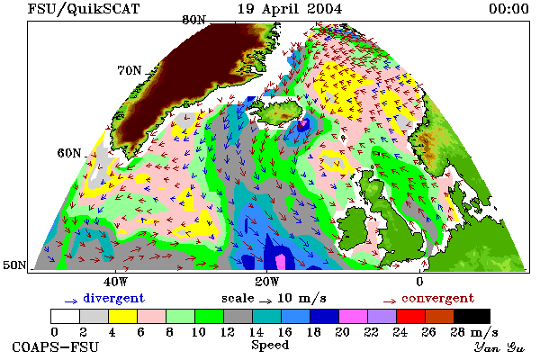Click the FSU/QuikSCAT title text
(84, 9)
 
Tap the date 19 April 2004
(290, 9)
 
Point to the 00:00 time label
(508, 9)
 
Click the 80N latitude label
(193, 20)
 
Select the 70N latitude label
(130, 70)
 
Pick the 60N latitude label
(69, 153)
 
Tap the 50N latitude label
(14, 265)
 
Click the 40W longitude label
(115, 282)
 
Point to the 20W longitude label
(266, 282)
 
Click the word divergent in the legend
(113, 298)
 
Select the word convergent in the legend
(437, 298)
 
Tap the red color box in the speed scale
(411, 316)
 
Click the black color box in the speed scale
(472, 316)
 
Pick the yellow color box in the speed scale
(122, 316)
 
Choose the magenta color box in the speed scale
(354, 316)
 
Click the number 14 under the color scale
(256, 332)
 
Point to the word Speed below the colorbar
(270, 346)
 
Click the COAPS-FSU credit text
(56, 346)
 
